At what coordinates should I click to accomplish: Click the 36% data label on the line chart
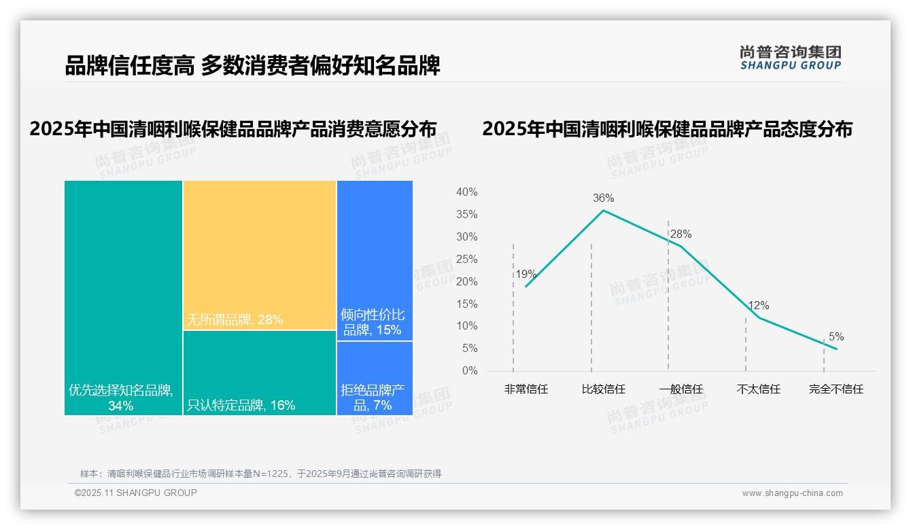click(603, 198)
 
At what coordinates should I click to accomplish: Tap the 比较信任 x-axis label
click(603, 389)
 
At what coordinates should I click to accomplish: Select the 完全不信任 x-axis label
click(836, 389)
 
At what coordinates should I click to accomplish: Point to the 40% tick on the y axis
click(466, 192)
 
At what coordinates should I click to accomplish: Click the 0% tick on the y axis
click(469, 371)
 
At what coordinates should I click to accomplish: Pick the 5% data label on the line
click(836, 337)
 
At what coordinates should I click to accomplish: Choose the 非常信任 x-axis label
click(526, 389)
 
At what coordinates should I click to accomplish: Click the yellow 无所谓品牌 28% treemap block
click(259, 255)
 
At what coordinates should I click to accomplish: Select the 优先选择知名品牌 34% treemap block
click(123, 297)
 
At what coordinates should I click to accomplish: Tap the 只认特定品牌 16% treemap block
click(259, 372)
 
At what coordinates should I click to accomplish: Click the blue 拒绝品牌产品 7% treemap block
click(374, 378)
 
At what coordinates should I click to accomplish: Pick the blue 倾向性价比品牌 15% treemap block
click(374, 260)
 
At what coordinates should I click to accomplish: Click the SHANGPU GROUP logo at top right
click(790, 58)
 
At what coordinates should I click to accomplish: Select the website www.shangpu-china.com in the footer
click(792, 493)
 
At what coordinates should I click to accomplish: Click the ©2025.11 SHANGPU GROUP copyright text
click(136, 493)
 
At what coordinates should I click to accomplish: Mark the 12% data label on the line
click(758, 306)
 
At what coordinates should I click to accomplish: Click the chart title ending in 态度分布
click(667, 129)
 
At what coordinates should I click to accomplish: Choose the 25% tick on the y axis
click(466, 259)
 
